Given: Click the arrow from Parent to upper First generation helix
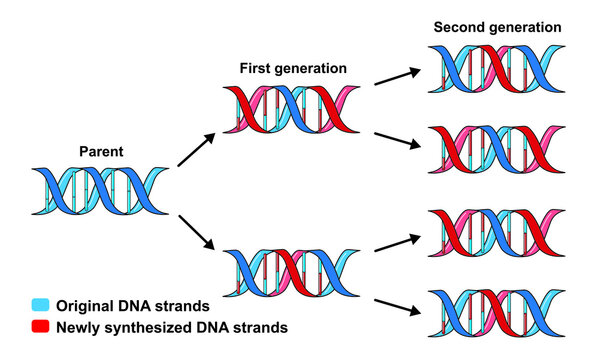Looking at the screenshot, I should (x=196, y=148).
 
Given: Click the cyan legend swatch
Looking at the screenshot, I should (x=39, y=305).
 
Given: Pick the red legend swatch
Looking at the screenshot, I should (x=39, y=326).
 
